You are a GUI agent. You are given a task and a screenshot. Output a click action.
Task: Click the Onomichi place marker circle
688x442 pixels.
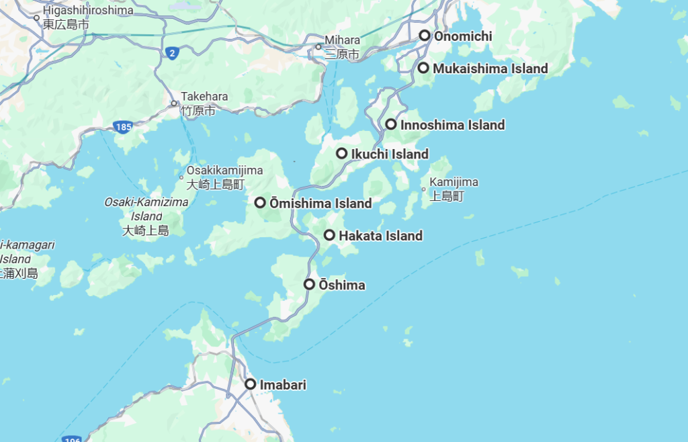click(x=425, y=36)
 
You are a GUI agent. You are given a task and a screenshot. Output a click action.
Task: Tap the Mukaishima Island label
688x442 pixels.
click(x=490, y=69)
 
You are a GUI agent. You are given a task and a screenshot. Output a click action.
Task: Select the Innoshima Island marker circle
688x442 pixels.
click(x=391, y=124)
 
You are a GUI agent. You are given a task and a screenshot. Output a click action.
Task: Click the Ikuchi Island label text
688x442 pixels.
click(x=390, y=154)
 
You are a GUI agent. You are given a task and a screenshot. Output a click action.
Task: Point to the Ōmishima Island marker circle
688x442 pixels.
click(x=260, y=202)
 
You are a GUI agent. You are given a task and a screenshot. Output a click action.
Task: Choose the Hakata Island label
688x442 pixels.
click(x=380, y=236)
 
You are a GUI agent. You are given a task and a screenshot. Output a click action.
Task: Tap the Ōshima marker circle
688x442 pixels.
click(x=309, y=284)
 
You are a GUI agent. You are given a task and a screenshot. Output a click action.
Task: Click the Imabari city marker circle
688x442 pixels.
click(x=251, y=384)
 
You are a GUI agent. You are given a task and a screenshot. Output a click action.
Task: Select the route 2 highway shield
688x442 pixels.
click(x=172, y=53)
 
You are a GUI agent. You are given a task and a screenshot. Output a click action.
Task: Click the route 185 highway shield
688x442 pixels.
click(x=123, y=127)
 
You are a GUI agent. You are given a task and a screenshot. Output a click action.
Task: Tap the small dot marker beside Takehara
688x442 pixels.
click(x=174, y=103)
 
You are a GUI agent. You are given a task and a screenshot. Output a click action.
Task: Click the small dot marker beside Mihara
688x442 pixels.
click(x=319, y=47)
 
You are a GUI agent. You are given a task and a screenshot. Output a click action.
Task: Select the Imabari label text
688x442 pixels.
click(x=283, y=385)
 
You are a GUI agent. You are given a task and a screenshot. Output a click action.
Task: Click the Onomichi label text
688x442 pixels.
click(x=463, y=36)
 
